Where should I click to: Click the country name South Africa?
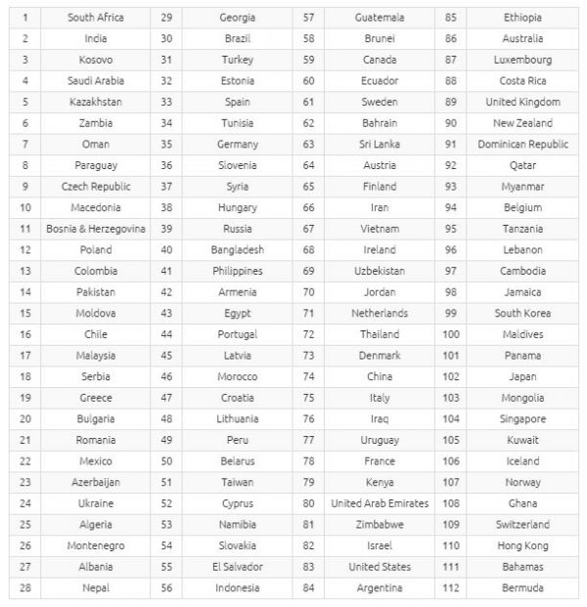click(x=95, y=18)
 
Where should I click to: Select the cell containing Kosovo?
click(x=95, y=60)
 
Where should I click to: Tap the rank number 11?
click(x=24, y=229)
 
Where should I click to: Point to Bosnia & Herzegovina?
click(x=95, y=229)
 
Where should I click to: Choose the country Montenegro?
click(x=95, y=545)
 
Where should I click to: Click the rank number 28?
click(x=24, y=587)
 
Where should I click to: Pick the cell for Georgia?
click(x=237, y=18)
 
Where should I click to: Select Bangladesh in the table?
click(x=237, y=250)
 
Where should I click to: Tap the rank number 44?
click(x=166, y=334)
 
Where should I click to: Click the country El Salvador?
click(x=237, y=567)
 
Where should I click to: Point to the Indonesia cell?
click(x=237, y=587)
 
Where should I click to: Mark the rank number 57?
click(x=308, y=18)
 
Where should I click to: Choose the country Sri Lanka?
click(x=380, y=145)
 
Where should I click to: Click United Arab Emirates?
click(x=380, y=503)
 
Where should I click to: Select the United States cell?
click(x=380, y=567)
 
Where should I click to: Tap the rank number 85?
click(x=451, y=18)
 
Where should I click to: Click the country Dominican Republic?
click(x=522, y=145)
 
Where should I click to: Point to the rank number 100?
click(x=451, y=334)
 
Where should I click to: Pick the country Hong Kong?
click(x=522, y=545)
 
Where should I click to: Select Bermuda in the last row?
click(x=522, y=587)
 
